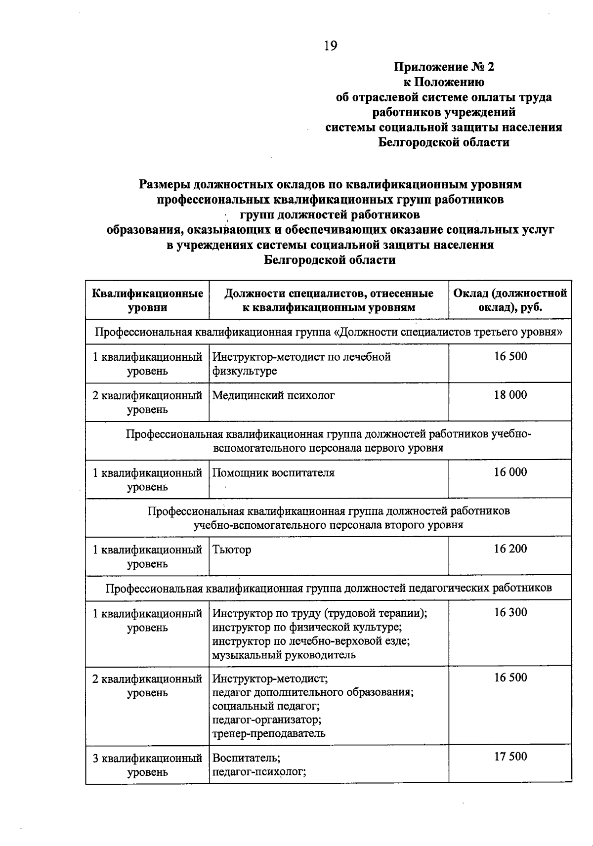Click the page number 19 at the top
click(x=331, y=46)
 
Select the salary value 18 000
click(x=510, y=395)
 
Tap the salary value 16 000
click(x=510, y=472)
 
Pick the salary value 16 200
click(x=510, y=549)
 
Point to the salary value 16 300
click(x=510, y=612)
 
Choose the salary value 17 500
click(x=510, y=757)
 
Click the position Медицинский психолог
click(x=273, y=395)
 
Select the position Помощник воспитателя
click(x=273, y=472)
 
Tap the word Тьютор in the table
click(x=232, y=550)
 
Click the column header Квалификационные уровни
click(x=147, y=300)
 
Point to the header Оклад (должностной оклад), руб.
click(x=510, y=300)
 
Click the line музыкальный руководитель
click(x=284, y=655)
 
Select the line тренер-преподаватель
click(x=269, y=733)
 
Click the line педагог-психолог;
click(x=259, y=772)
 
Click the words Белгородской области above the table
click(x=330, y=260)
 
